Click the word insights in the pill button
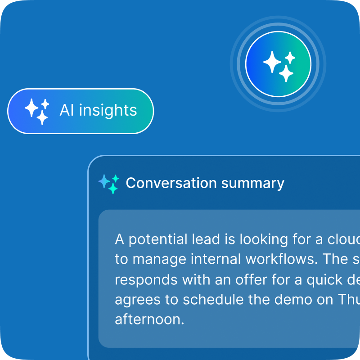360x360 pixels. [x=108, y=110]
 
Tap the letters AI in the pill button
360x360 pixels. [x=67, y=110]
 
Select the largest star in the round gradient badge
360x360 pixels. [x=272, y=62]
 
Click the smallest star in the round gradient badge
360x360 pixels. [x=290, y=57]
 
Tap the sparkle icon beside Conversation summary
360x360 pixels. [x=109, y=184]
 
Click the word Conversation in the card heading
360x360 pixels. [x=165, y=183]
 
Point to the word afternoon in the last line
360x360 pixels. [x=150, y=320]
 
